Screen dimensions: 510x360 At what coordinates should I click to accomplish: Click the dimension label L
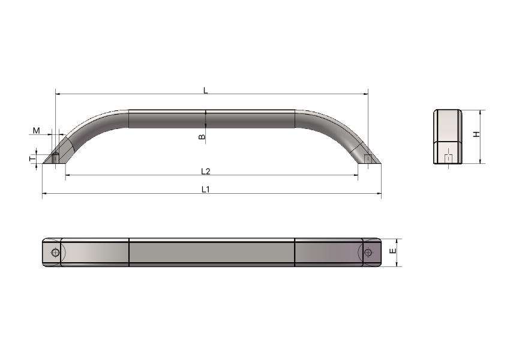[206, 91]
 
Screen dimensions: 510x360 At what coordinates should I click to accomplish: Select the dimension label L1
[206, 189]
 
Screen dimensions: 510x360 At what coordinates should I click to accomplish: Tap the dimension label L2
[206, 172]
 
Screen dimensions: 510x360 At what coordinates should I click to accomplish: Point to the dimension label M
[37, 131]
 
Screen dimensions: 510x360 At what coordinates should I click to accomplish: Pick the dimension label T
[32, 159]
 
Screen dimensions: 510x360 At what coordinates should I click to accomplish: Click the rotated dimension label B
[202, 137]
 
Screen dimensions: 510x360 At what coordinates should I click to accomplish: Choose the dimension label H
[476, 134]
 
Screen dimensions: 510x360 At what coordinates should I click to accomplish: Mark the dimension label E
[393, 251]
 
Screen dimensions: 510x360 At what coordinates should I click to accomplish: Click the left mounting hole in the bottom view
[55, 253]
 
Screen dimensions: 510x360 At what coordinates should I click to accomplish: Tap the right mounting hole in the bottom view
[368, 253]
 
